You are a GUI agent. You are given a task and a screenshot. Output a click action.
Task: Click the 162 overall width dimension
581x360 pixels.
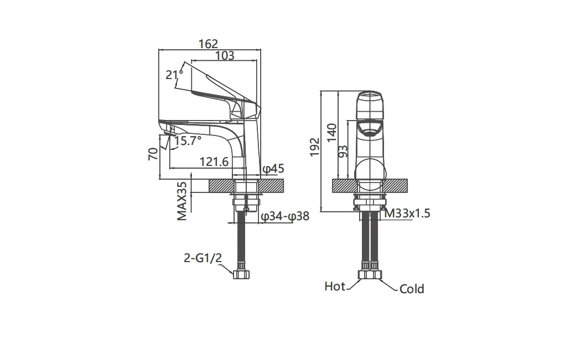click(x=208, y=44)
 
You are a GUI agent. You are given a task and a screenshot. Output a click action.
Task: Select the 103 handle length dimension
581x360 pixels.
click(x=225, y=55)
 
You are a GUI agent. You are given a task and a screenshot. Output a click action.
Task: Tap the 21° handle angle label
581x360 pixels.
click(x=174, y=75)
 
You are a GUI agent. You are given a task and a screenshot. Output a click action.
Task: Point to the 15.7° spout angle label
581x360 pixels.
click(x=188, y=141)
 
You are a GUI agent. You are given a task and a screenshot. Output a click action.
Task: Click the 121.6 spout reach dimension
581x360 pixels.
click(x=214, y=161)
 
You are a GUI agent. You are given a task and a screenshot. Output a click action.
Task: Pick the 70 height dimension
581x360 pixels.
click(x=153, y=153)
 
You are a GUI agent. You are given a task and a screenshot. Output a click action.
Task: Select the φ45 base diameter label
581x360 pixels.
click(x=273, y=169)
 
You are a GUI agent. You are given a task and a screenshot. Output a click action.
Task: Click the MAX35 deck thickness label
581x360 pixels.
click(x=182, y=201)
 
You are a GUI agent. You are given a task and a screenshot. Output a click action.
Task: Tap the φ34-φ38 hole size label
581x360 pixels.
click(x=285, y=216)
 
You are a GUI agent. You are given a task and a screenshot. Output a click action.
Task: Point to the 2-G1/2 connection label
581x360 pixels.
click(x=203, y=258)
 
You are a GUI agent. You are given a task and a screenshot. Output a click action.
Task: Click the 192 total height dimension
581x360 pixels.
click(x=315, y=147)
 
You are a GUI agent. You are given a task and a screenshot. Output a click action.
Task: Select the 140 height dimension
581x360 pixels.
click(x=332, y=132)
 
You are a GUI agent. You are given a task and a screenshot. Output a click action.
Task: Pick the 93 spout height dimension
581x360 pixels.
click(x=343, y=151)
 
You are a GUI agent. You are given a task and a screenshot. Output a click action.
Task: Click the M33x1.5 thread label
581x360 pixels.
click(x=407, y=213)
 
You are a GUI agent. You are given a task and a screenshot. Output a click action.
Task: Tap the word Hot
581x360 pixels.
click(x=335, y=286)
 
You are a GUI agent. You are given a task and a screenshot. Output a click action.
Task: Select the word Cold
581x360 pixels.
click(x=412, y=289)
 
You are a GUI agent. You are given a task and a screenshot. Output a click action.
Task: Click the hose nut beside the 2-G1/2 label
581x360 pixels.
click(x=241, y=274)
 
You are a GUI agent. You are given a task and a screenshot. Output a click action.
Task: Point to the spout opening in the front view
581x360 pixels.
click(x=369, y=130)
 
